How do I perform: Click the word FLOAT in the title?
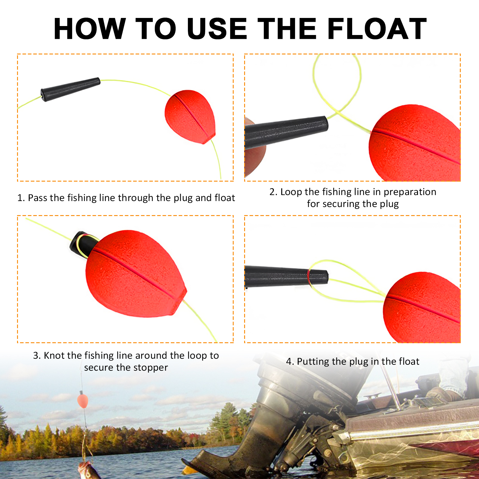[377, 29]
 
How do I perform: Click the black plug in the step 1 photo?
[70, 89]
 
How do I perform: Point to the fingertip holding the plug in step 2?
[254, 156]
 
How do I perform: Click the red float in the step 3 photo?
[135, 275]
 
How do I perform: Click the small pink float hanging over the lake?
[83, 401]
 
